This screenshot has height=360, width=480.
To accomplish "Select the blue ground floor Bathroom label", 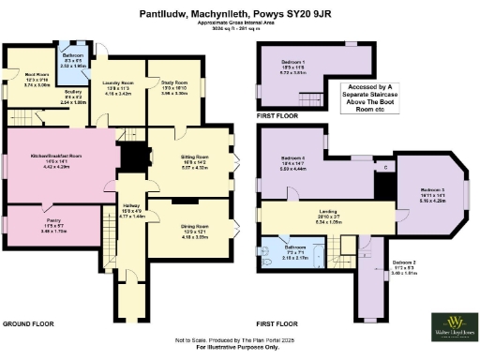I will tap(75, 63).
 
